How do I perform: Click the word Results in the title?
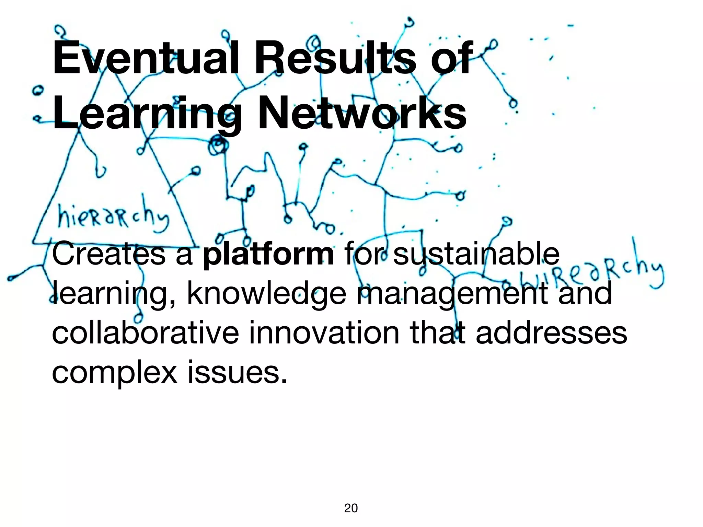coord(335,58)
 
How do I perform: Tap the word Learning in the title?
coord(148,113)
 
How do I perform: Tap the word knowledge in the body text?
coord(266,294)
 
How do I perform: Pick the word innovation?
coord(324,333)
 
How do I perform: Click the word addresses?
coord(551,333)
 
